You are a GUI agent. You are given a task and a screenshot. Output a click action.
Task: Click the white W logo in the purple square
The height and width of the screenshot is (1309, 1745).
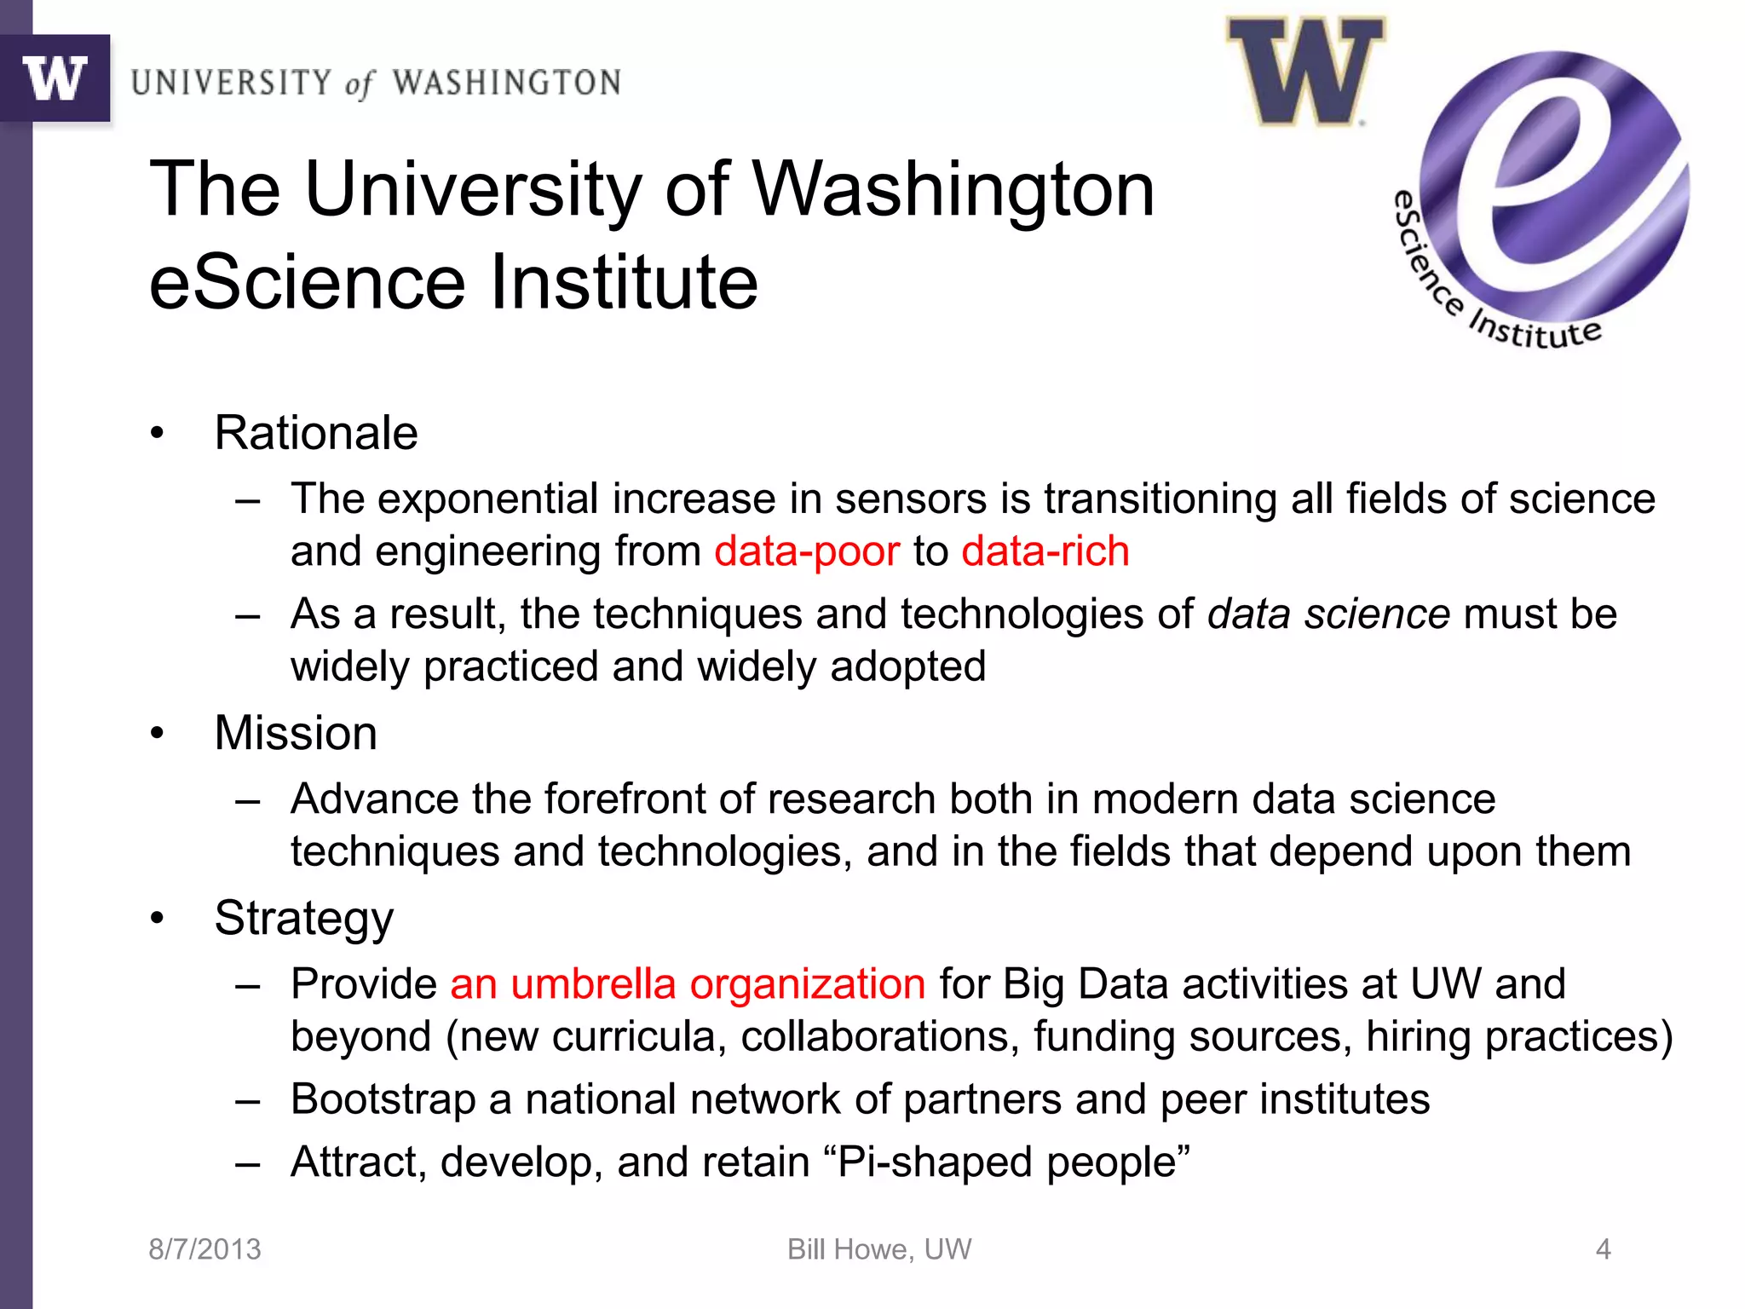pos(55,78)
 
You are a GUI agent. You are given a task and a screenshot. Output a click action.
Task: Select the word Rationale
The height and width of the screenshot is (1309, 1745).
pos(316,433)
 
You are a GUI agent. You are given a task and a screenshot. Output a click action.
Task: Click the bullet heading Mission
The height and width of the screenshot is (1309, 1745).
pos(296,733)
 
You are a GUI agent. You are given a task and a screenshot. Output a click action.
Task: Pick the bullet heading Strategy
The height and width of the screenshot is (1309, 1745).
pos(304,919)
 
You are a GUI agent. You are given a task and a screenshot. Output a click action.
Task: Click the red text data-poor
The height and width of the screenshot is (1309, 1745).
pos(807,551)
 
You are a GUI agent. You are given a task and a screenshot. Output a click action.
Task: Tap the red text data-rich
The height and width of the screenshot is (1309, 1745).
pos(1045,551)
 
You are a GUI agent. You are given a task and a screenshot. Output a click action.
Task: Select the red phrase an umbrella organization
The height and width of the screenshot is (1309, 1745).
pos(688,984)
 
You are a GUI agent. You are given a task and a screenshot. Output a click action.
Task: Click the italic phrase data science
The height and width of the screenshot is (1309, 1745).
pos(1328,614)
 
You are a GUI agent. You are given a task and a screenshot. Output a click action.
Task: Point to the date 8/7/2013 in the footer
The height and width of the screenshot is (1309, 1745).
pos(204,1249)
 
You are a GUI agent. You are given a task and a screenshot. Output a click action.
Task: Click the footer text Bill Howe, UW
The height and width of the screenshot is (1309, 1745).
pos(879,1249)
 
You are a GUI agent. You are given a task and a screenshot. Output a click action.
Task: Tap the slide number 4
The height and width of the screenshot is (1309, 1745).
pos(1603,1249)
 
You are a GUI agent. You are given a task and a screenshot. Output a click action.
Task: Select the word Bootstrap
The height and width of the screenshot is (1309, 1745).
pos(383,1099)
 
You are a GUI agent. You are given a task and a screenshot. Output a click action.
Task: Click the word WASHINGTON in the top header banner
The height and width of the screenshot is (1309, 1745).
pos(506,84)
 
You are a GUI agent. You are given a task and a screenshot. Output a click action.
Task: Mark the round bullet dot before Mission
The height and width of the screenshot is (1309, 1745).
pos(157,733)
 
